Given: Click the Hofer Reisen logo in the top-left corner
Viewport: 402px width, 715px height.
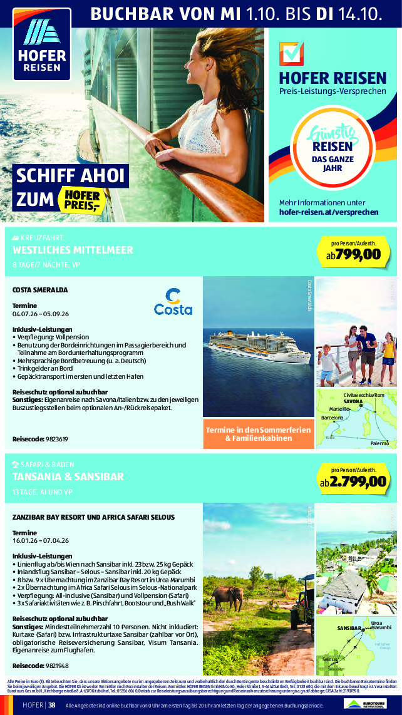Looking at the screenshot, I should [42, 48].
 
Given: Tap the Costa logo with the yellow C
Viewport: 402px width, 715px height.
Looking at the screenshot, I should [173, 302].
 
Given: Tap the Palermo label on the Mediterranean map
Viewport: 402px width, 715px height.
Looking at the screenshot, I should [379, 443].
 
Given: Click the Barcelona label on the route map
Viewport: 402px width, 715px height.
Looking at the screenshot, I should [332, 416].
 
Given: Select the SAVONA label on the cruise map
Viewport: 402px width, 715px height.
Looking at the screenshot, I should [353, 401].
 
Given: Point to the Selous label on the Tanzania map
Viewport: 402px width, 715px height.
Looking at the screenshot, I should [331, 660].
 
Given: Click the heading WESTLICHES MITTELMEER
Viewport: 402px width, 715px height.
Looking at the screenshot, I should [73, 250].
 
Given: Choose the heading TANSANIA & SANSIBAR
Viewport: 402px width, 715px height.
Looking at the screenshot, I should [68, 476].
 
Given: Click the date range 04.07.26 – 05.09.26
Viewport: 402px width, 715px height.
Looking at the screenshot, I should [41, 314].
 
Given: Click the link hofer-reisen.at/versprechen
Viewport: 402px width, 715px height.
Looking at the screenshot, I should [329, 212].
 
